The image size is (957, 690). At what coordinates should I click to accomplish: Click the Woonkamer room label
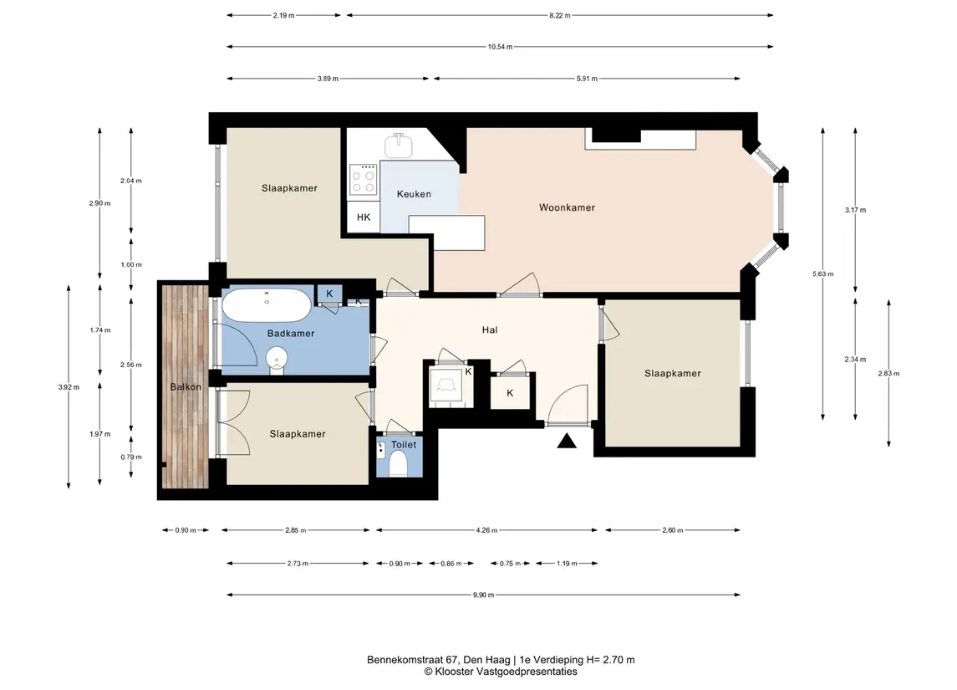(567, 207)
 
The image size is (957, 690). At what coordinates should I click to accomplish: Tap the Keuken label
(414, 194)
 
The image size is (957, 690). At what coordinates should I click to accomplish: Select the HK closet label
(364, 217)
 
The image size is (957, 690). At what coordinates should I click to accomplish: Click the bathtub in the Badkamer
(266, 304)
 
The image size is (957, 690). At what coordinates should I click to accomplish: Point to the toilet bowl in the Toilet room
(398, 467)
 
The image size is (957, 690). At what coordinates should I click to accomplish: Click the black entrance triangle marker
(567, 441)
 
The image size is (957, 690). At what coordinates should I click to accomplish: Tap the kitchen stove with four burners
(363, 180)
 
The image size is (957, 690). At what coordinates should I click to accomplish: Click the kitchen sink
(398, 146)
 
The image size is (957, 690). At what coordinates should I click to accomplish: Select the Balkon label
(186, 387)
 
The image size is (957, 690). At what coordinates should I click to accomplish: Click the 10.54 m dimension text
(500, 47)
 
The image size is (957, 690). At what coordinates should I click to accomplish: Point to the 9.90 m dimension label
(483, 595)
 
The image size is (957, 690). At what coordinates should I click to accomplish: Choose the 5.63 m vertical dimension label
(822, 274)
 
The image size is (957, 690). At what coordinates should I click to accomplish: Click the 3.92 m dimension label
(69, 387)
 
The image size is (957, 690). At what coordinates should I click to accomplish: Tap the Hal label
(490, 330)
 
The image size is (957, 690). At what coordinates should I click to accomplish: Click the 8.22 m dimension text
(560, 15)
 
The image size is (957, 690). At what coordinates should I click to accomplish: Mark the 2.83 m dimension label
(888, 374)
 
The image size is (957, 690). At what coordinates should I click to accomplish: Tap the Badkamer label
(291, 334)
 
